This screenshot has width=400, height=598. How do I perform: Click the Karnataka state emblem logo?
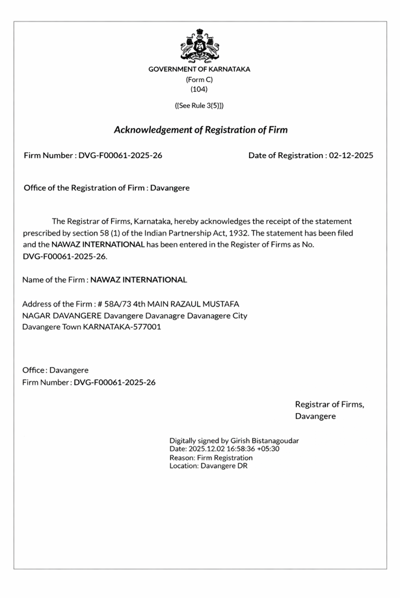tap(200, 46)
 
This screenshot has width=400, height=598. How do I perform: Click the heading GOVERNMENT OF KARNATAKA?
tap(200, 69)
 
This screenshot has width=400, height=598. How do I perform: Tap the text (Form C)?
tap(200, 79)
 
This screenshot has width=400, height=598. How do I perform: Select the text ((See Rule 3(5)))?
tap(200, 105)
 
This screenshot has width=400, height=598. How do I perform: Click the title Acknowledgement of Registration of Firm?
tap(200, 130)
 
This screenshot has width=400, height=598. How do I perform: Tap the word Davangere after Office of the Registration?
tap(170, 188)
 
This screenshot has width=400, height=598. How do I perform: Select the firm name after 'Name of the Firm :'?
tap(139, 280)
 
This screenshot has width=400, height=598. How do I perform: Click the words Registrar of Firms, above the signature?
tap(330, 404)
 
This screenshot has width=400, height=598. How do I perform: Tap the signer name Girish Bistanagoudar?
tap(265, 441)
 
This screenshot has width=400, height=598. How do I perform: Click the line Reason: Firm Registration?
tap(211, 457)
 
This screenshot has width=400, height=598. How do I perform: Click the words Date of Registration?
tap(286, 156)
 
